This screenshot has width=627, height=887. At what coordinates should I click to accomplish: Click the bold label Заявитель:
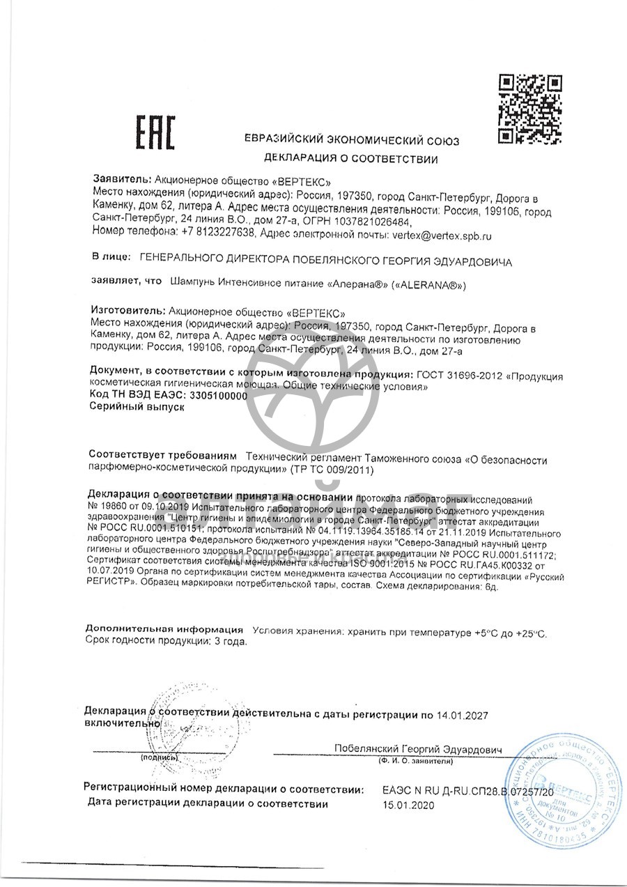pos(122,178)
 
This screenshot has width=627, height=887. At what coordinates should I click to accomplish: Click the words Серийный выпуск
pos(132,408)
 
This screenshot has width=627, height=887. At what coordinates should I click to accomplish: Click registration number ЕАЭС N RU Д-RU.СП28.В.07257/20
pos(467,791)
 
